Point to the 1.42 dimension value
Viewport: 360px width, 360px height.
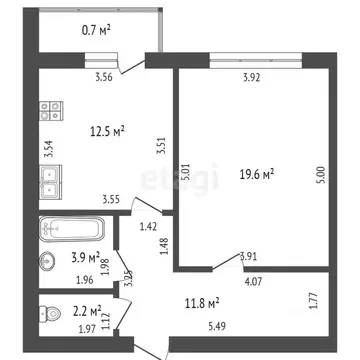(150, 229)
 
